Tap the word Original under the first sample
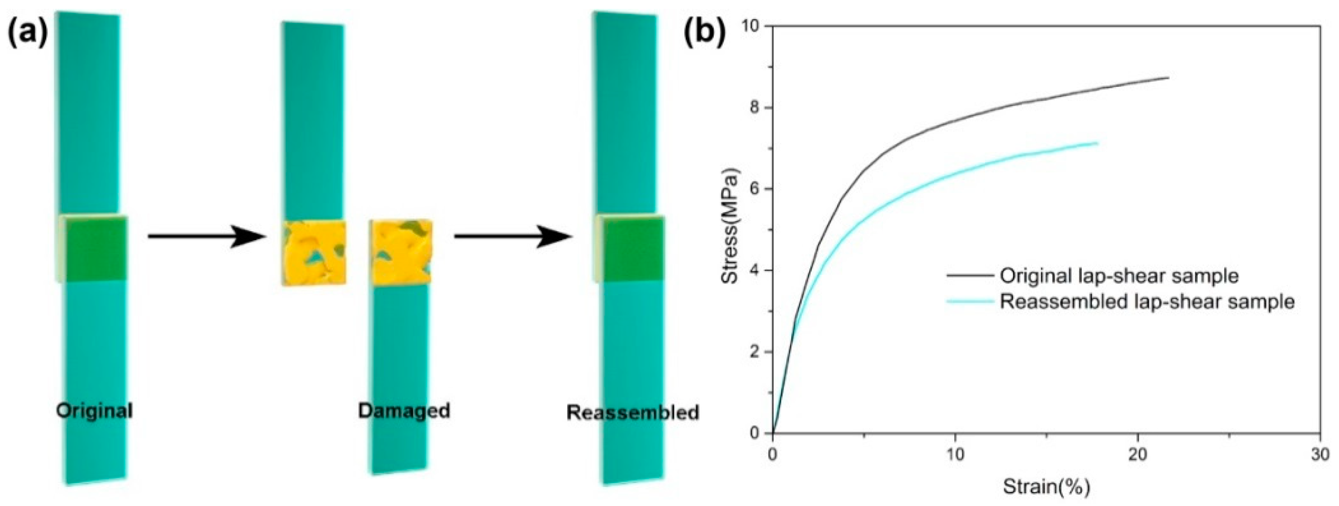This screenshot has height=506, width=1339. pyautogui.click(x=94, y=411)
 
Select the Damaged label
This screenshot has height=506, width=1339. pyautogui.click(x=404, y=411)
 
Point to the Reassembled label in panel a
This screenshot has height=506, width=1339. pyautogui.click(x=633, y=413)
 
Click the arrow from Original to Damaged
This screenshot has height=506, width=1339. pyautogui.click(x=206, y=236)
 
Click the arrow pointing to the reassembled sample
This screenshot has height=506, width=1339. pyautogui.click(x=513, y=236)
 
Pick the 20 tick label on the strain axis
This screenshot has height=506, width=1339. pyautogui.click(x=1138, y=454)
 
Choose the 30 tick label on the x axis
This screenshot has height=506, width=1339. pyautogui.click(x=1320, y=454)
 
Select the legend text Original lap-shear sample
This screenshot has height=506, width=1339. pyautogui.click(x=1119, y=275)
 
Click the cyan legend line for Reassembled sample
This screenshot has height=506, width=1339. pyautogui.click(x=970, y=301)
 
